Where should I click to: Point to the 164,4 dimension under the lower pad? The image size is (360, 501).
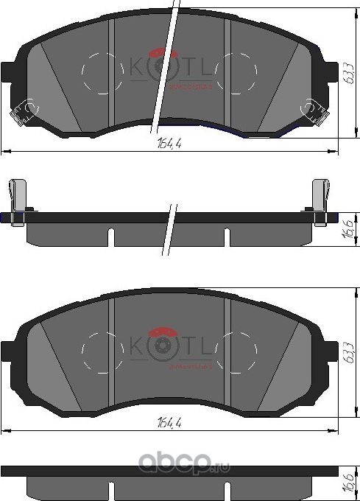click(169, 423)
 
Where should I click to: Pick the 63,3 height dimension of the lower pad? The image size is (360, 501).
click(346, 351)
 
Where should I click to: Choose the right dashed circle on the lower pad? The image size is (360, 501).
click(236, 351)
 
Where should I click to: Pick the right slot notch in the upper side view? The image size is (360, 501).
click(227, 237)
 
